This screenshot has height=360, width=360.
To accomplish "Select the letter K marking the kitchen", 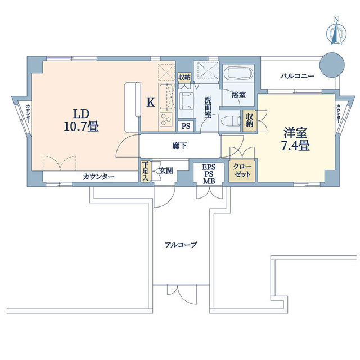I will [150, 102].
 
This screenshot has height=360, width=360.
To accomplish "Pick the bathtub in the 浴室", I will [238, 76].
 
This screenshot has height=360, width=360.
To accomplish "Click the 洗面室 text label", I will [208, 107].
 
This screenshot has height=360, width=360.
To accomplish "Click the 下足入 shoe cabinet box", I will [145, 170].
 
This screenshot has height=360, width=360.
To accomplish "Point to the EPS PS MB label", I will [209, 174].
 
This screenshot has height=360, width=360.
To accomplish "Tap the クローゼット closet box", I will [242, 170].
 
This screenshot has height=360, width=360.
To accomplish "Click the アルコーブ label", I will [181, 245].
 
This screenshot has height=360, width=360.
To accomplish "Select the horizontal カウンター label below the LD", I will [98, 177].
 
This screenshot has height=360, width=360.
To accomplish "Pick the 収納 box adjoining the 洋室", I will [250, 119].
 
